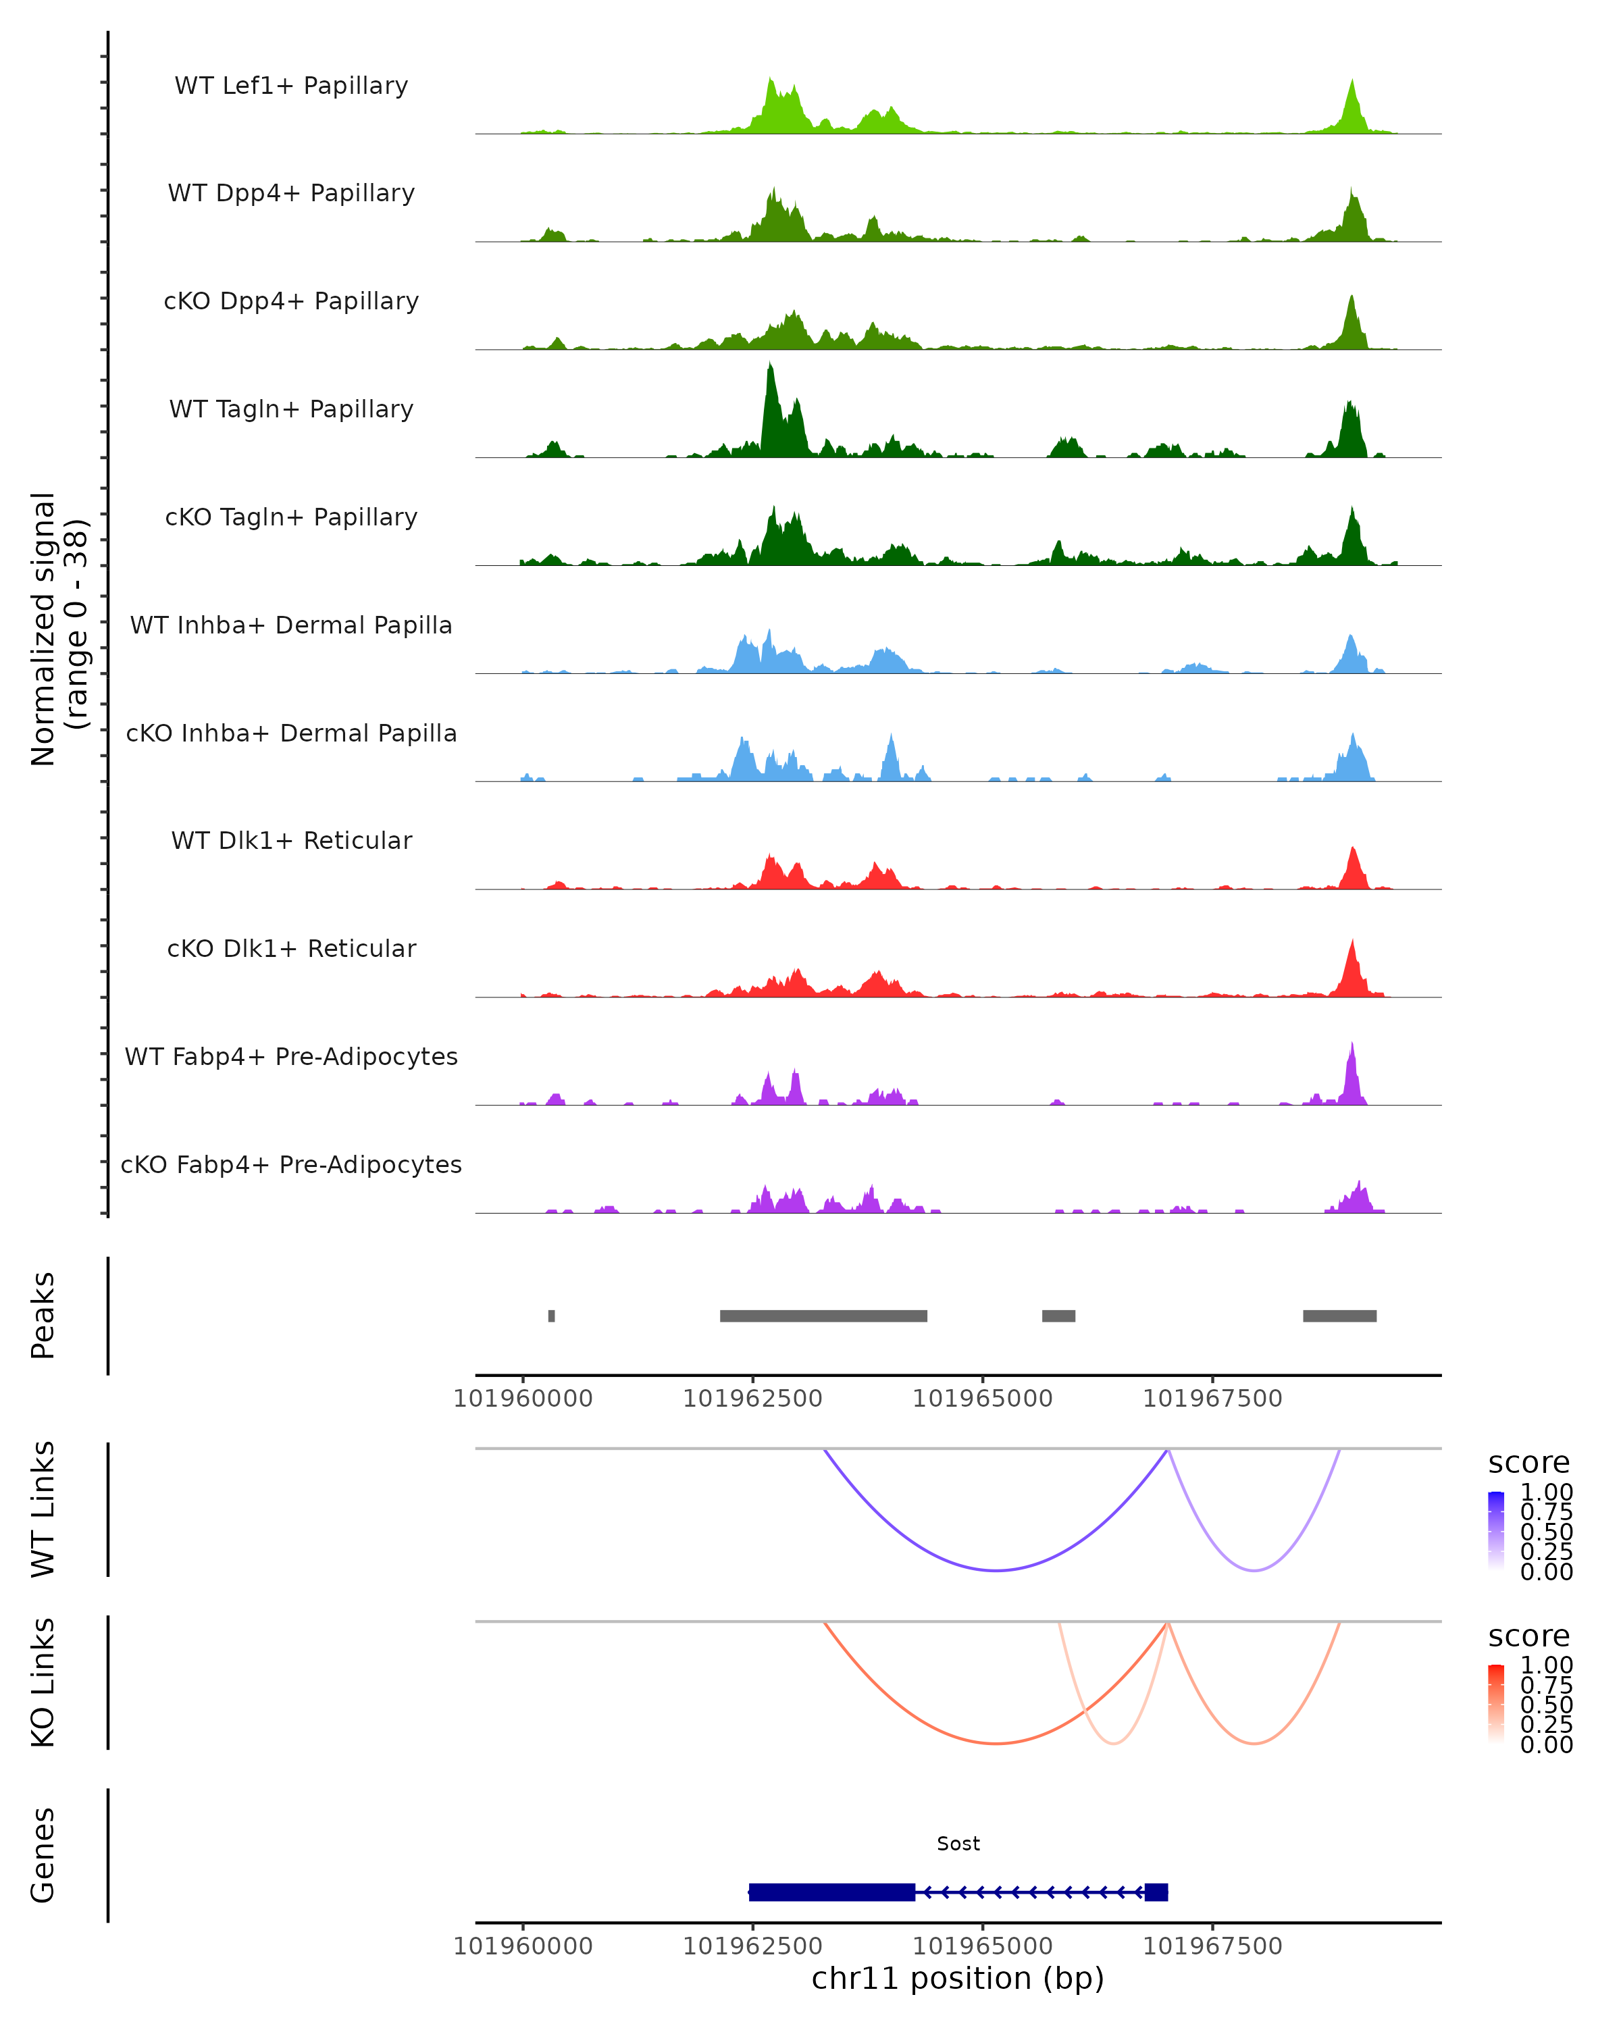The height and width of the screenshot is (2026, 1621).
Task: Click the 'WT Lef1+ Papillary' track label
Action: tap(291, 86)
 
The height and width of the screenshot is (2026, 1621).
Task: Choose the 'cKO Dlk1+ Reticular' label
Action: tap(291, 948)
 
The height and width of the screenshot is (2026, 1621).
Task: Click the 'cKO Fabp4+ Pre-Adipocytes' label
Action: tap(291, 1164)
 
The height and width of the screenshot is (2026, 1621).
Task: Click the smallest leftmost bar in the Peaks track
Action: tap(552, 1316)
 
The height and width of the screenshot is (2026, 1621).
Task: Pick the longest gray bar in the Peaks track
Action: tap(823, 1316)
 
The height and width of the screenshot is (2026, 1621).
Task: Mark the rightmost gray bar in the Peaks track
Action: tap(1339, 1316)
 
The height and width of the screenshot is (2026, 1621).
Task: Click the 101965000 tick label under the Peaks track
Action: tap(982, 1399)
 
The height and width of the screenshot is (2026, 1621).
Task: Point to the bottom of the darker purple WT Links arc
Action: tap(996, 1570)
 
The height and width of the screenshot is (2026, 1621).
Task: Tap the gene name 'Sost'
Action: tap(958, 1844)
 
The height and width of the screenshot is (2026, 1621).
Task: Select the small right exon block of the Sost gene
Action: tap(1156, 1892)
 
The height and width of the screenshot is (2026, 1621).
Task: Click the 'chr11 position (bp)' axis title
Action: tap(958, 1978)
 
